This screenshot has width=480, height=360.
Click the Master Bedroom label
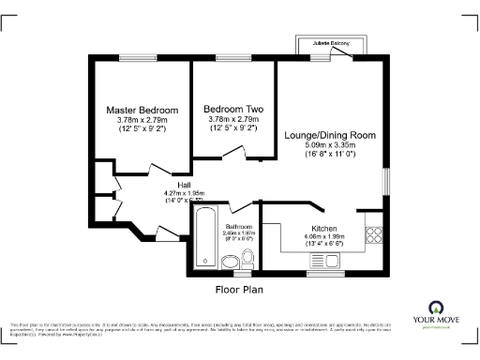click(x=142, y=110)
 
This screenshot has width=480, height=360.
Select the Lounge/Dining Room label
click(x=330, y=135)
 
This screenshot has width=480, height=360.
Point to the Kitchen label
click(x=324, y=227)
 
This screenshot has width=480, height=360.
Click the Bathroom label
click(x=238, y=227)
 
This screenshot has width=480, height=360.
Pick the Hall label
click(x=172, y=186)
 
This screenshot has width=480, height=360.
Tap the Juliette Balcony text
click(x=332, y=43)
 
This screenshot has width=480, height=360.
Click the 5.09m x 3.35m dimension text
click(x=330, y=145)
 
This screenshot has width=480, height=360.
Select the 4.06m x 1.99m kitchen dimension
click(x=324, y=237)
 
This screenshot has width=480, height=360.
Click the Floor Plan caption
click(x=237, y=290)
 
